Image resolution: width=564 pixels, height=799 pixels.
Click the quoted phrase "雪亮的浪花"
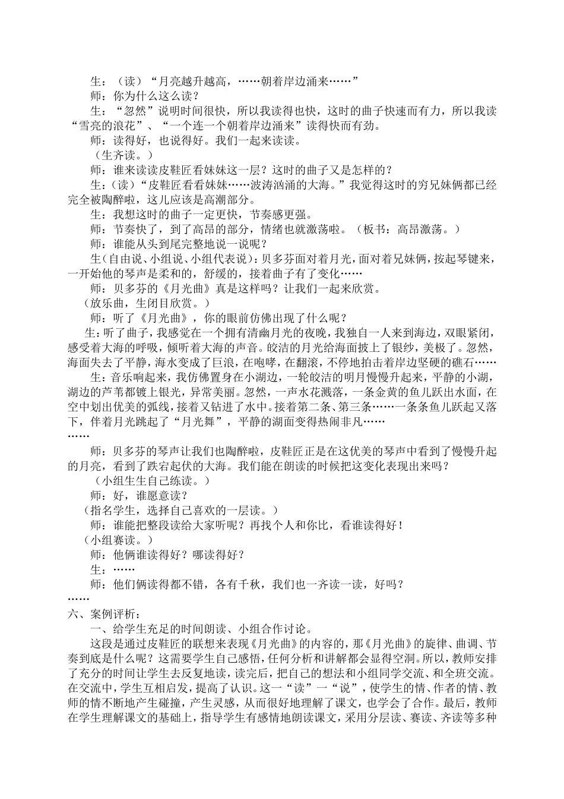click(107, 125)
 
